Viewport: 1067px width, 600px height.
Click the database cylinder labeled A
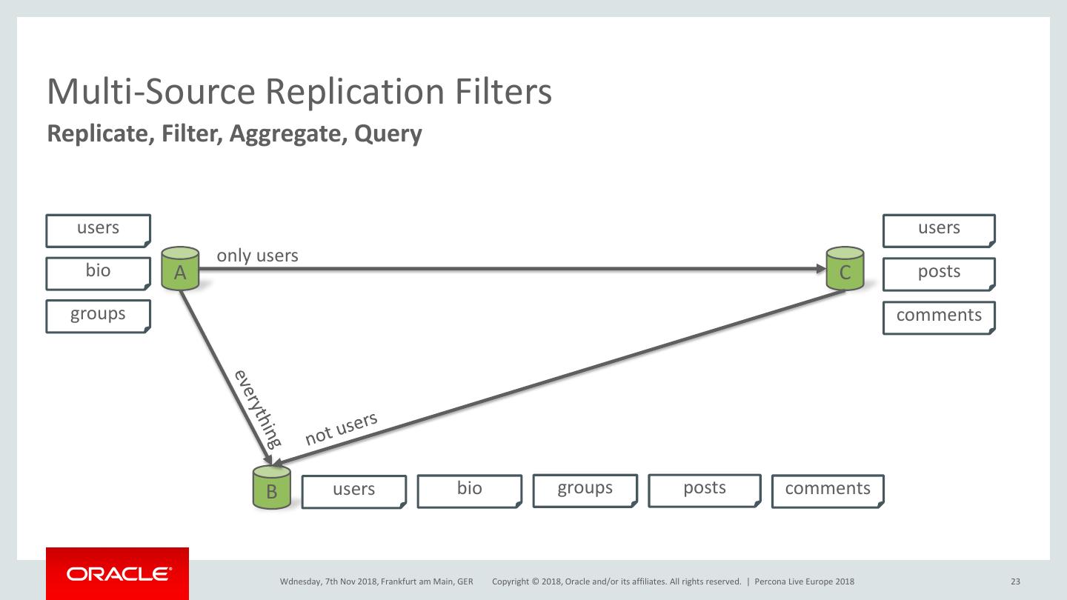[x=180, y=267]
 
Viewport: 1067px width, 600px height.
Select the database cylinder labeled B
[x=271, y=487]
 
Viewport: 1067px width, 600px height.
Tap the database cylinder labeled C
[x=845, y=268]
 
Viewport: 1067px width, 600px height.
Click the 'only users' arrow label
[x=257, y=256]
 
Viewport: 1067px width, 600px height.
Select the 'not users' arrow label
[x=341, y=429]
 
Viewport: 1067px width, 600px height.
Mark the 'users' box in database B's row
[x=354, y=491]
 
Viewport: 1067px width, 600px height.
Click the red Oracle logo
[x=117, y=573]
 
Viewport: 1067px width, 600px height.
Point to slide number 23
[x=1015, y=581]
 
